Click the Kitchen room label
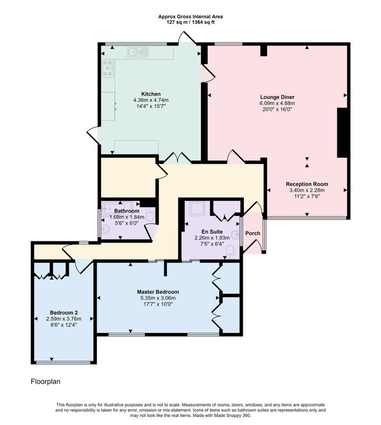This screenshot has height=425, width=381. [151, 94]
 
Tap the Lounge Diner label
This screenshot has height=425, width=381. [277, 97]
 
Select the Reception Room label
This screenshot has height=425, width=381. [307, 184]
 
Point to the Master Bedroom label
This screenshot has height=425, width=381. [158, 292]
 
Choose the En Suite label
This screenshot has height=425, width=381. [212, 232]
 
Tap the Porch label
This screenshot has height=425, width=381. [253, 233]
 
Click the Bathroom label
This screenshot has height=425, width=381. [127, 211]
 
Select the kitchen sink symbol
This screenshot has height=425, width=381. [138, 52]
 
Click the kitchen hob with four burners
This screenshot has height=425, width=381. [107, 68]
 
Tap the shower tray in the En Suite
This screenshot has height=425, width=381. [197, 208]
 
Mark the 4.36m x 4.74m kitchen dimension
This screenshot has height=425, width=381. [151, 100]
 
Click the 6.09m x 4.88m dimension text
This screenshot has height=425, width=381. [277, 103]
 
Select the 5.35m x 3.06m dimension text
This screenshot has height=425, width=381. [158, 298]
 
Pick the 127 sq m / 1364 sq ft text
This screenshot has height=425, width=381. [191, 22]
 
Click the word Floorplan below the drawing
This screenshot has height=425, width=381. [45, 381]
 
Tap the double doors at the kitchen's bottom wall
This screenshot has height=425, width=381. [178, 158]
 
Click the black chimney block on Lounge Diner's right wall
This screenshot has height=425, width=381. [342, 133]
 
